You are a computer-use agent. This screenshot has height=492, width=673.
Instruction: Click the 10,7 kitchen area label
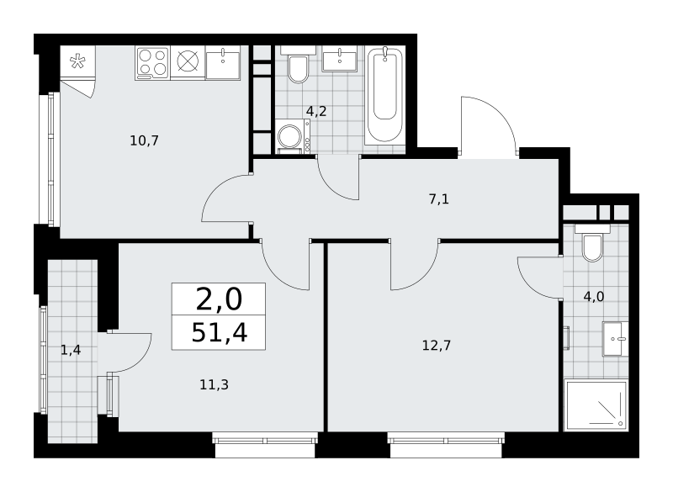tap(145, 140)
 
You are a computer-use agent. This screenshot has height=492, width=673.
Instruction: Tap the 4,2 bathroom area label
tap(316, 112)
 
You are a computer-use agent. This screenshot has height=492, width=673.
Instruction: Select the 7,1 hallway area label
tap(439, 199)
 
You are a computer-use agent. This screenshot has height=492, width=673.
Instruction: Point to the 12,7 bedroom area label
tap(437, 346)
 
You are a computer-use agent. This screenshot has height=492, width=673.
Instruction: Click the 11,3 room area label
tap(215, 384)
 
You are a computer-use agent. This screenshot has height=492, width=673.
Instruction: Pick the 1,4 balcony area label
tap(71, 351)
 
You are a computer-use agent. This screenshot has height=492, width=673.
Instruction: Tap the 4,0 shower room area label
tap(594, 296)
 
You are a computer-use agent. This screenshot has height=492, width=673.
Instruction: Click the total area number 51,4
tap(220, 332)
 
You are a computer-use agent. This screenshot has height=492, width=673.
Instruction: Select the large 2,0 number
tap(219, 299)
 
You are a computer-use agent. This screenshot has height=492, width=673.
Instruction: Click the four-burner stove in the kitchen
tap(152, 62)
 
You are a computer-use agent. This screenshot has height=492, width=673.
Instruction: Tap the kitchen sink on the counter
tap(223, 63)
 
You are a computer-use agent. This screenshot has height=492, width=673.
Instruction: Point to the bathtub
tap(384, 95)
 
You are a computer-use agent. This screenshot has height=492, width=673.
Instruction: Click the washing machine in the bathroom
tap(293, 136)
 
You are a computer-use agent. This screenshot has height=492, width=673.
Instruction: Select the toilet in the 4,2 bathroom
tap(298, 65)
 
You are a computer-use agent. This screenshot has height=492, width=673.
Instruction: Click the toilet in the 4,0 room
tap(592, 243)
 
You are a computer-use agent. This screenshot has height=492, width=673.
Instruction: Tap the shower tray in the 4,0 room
tap(596, 405)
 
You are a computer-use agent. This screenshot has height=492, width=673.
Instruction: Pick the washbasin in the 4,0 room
tap(616, 339)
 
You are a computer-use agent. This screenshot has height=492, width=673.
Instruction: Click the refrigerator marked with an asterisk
tap(77, 62)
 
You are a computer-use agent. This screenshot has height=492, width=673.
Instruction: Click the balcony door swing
tap(130, 352)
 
